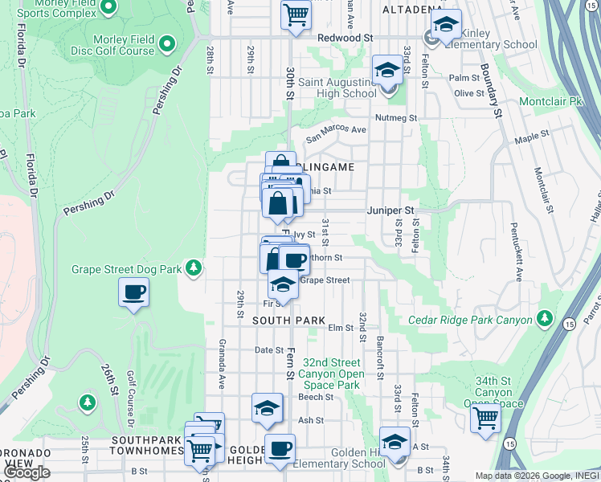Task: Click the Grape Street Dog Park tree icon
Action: [193, 268]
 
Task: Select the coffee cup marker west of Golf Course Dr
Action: [133, 292]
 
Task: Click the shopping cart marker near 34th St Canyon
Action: [486, 418]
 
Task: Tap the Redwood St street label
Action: [345, 38]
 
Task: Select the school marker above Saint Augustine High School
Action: [387, 69]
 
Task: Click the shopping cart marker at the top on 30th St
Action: [296, 14]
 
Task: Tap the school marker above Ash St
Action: [268, 409]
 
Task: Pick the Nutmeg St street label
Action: [397, 118]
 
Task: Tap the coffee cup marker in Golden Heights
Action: [280, 449]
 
